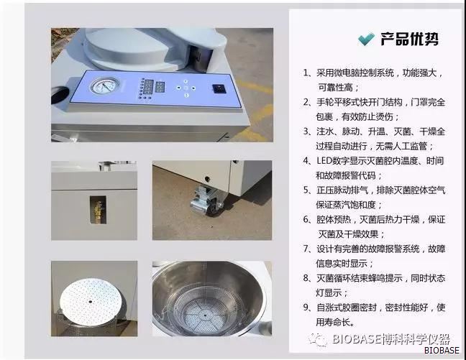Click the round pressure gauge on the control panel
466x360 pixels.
coord(104,86)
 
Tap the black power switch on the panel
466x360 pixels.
coord(219,88)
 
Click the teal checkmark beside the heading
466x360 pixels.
coord(366,40)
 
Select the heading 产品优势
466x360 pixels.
coord(409,39)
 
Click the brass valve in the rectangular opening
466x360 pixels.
coord(99,210)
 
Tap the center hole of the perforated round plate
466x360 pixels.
coord(90,302)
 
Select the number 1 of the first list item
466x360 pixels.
coord(306,73)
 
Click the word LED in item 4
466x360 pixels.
coord(324,161)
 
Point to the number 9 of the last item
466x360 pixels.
coord(306,308)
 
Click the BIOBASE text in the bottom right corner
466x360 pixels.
coord(442,351)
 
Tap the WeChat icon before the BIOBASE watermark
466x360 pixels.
coord(318,339)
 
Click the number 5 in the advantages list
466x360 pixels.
coord(306,190)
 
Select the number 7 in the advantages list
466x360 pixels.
coord(306,249)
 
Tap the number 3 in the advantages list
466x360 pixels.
coord(306,131)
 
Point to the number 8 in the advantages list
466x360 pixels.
coord(306,278)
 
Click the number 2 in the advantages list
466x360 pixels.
coord(306,102)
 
